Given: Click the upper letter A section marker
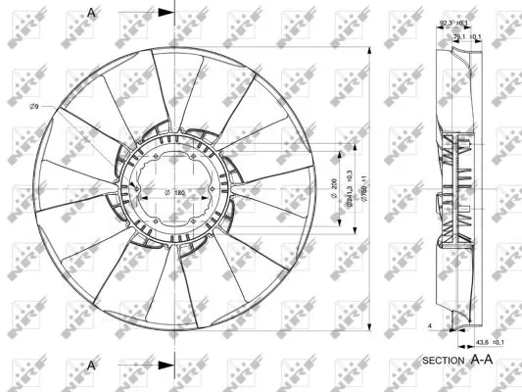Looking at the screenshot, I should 92,12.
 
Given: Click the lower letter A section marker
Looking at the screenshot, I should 92,365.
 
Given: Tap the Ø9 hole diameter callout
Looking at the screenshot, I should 34,105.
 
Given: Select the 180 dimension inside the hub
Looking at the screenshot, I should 180,192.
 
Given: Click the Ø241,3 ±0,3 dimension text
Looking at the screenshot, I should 348,187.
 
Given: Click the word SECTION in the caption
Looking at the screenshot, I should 443,361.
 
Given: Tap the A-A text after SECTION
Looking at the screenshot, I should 483,360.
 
